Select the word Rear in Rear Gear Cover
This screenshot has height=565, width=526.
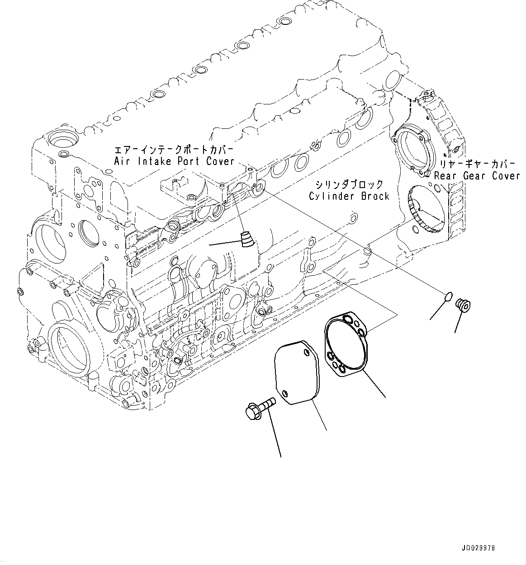click(446, 176)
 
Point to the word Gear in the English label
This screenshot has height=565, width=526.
click(475, 176)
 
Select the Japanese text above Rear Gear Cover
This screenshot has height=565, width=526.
click(477, 164)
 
